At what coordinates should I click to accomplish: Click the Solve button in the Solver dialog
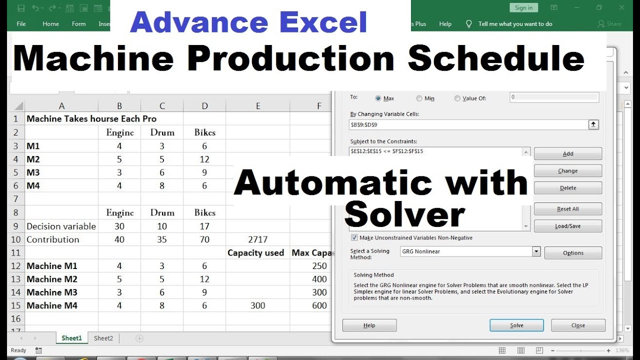click(x=516, y=325)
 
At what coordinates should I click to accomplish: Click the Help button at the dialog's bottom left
click(x=369, y=325)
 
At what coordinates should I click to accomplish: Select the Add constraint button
click(x=567, y=154)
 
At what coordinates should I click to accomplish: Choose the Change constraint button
click(x=567, y=171)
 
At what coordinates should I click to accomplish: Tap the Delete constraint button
click(x=567, y=188)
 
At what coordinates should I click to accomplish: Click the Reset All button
click(x=567, y=209)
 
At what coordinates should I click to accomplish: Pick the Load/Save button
click(x=567, y=226)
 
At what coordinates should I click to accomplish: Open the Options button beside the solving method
click(x=572, y=253)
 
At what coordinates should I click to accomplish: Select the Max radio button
click(x=378, y=98)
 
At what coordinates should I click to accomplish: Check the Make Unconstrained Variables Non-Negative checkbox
click(x=355, y=238)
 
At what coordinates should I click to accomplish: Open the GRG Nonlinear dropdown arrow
click(x=536, y=251)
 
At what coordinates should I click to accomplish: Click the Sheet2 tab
click(x=103, y=338)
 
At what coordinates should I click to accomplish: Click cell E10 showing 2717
click(x=257, y=239)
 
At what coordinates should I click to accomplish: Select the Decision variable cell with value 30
click(x=119, y=226)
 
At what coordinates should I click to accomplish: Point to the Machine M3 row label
click(x=52, y=292)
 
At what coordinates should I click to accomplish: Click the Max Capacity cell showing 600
click(x=319, y=305)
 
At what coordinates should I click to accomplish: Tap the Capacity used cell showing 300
click(x=257, y=305)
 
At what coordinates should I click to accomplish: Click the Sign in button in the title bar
click(x=523, y=7)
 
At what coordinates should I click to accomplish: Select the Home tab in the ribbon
click(x=50, y=24)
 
